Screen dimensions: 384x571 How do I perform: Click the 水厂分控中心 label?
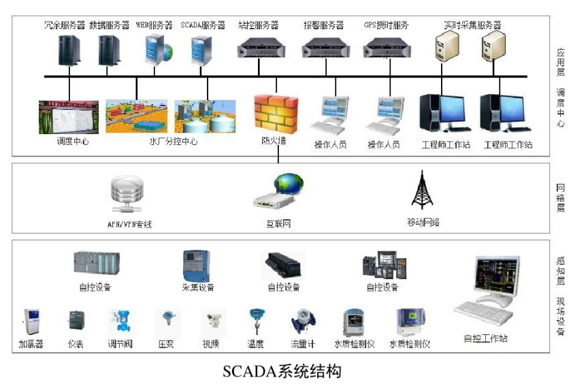pyautogui.click(x=174, y=142)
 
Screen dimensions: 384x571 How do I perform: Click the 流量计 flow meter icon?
pyautogui.click(x=302, y=321)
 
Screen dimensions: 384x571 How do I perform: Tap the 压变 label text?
pyautogui.click(x=166, y=345)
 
